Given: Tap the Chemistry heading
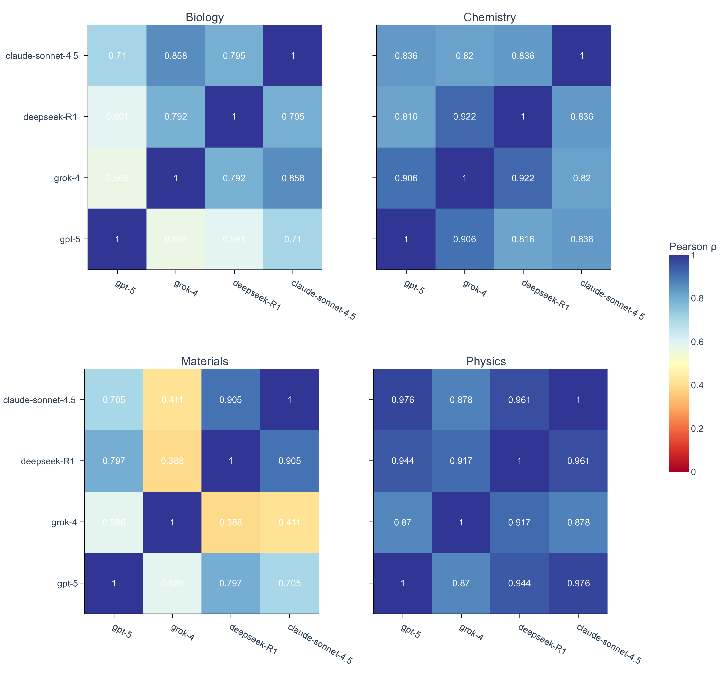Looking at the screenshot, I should click(x=489, y=17).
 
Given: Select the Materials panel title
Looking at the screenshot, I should click(x=205, y=361).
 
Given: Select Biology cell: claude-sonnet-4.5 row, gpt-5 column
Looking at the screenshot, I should click(x=117, y=56).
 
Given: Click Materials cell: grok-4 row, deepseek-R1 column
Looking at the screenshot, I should click(x=231, y=522).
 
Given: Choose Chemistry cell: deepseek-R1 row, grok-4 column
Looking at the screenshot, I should click(x=465, y=117).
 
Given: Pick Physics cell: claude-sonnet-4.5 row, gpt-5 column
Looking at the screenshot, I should click(x=403, y=400).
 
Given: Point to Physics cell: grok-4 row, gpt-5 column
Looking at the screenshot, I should click(x=403, y=522).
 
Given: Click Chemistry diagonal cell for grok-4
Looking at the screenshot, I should click(x=465, y=178).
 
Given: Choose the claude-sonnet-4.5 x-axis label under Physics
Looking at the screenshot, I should click(x=608, y=644).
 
